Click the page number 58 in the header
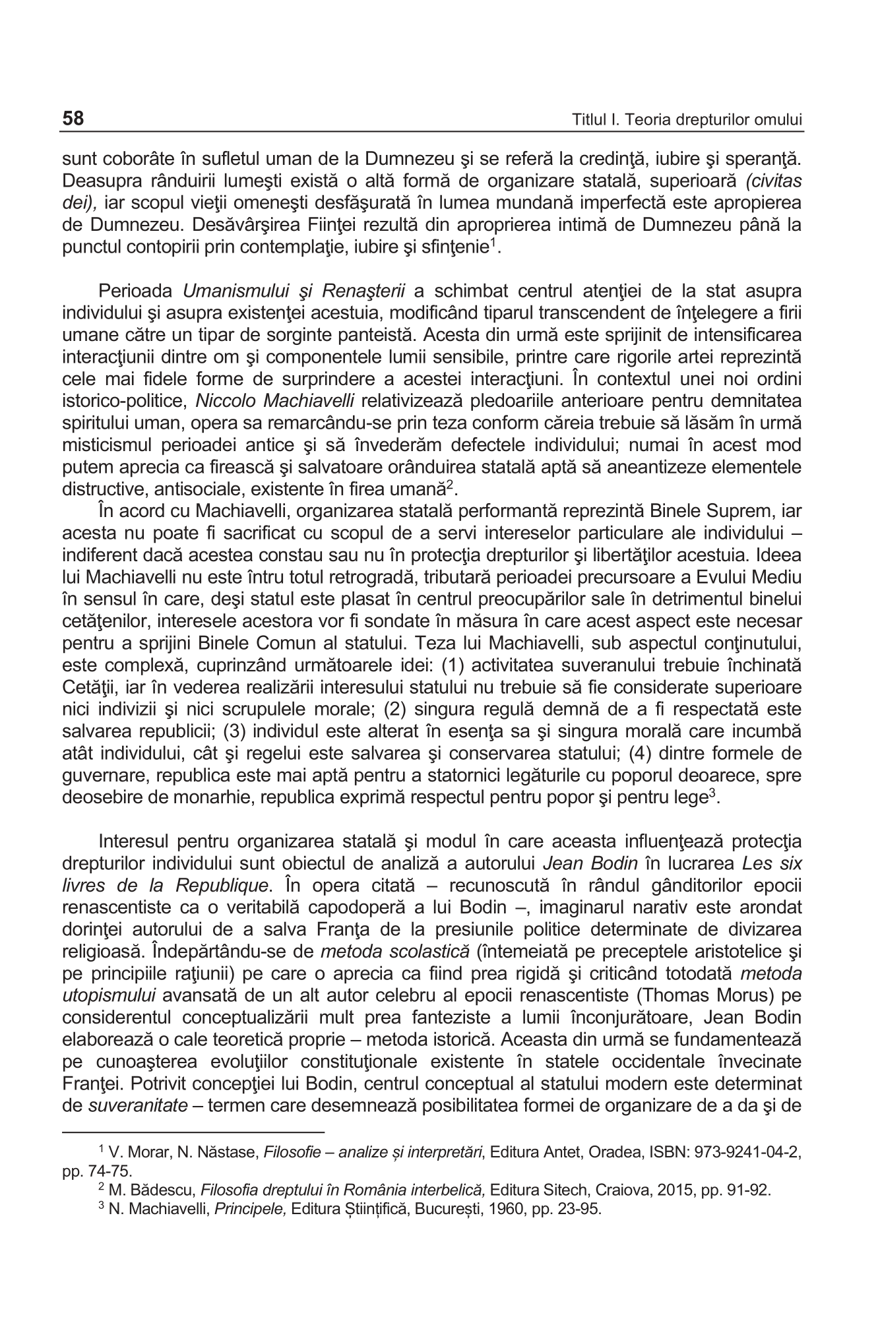(73, 119)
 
